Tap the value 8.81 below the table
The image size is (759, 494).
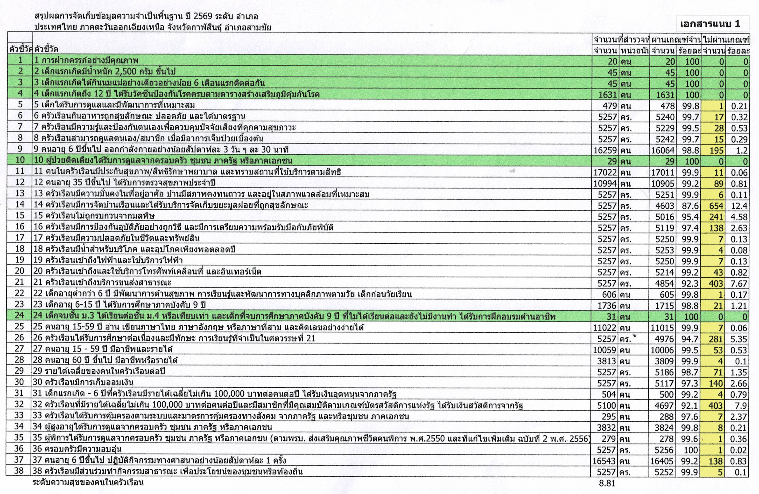click(607, 483)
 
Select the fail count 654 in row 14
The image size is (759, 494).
click(716, 206)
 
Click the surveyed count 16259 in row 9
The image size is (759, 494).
click(605, 150)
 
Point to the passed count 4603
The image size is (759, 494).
click(665, 206)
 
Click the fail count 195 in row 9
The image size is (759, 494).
click(716, 150)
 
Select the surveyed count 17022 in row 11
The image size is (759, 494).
click(605, 172)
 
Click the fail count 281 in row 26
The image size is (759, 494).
click(716, 339)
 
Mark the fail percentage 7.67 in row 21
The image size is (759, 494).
click(739, 283)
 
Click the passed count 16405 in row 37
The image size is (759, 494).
click(662, 461)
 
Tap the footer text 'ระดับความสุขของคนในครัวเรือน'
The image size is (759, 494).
click(88, 482)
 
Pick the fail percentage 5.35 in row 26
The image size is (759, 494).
click(739, 339)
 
